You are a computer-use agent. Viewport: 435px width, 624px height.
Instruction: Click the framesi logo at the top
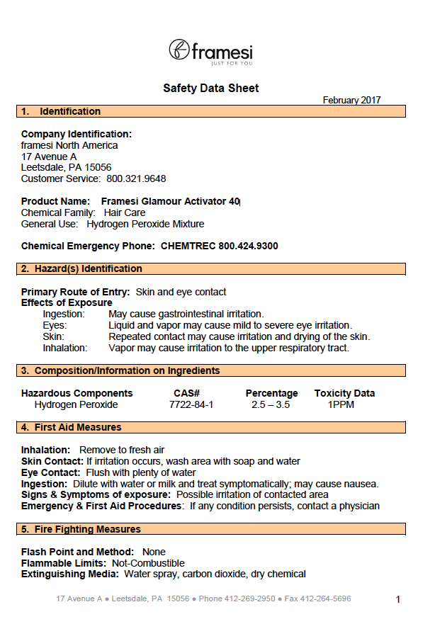(x=210, y=52)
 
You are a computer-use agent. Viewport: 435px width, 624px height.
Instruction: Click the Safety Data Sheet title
(x=211, y=89)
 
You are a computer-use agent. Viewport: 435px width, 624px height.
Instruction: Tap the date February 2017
(x=351, y=101)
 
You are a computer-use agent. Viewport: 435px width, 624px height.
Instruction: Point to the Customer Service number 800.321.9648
(x=136, y=179)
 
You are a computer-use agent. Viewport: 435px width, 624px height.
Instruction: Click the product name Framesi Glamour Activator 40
(x=170, y=202)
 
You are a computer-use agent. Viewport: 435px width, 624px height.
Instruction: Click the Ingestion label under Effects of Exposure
(x=64, y=314)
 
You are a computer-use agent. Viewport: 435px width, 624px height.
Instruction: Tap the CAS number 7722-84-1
(x=191, y=405)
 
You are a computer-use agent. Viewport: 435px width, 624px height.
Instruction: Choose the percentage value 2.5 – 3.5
(x=271, y=405)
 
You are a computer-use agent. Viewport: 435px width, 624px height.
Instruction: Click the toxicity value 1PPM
(x=341, y=405)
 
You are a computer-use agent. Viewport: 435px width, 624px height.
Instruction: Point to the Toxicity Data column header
(x=345, y=393)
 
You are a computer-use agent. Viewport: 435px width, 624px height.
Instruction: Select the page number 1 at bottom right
(x=398, y=600)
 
